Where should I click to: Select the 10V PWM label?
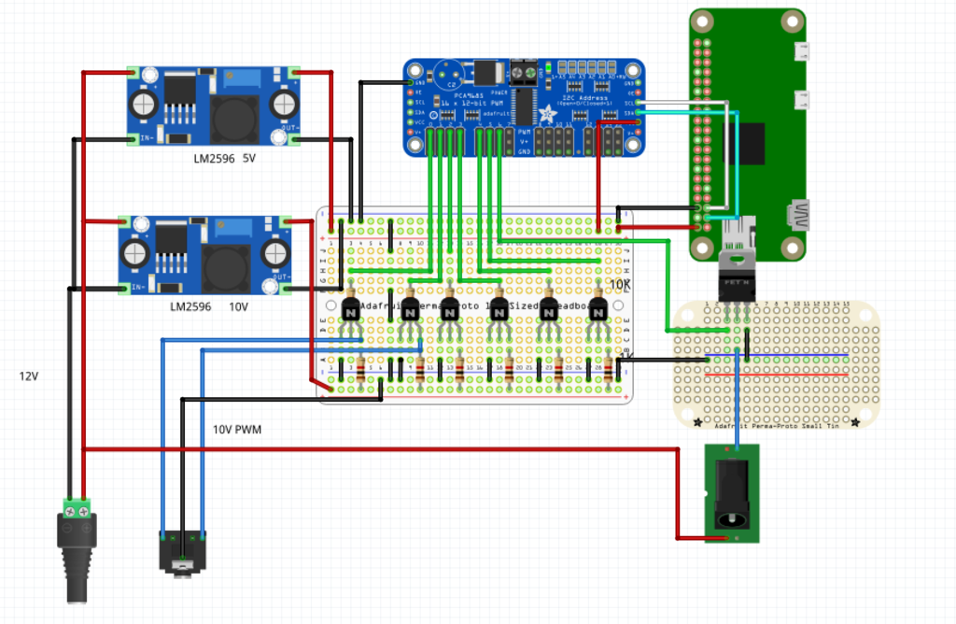coord(237,430)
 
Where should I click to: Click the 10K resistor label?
coord(620,284)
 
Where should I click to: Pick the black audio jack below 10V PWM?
coord(183,552)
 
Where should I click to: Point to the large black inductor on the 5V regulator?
coord(230,117)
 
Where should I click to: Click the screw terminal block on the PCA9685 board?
coord(525,72)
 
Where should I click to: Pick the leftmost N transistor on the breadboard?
coord(350,309)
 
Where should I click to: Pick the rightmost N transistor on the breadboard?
coord(597,309)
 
